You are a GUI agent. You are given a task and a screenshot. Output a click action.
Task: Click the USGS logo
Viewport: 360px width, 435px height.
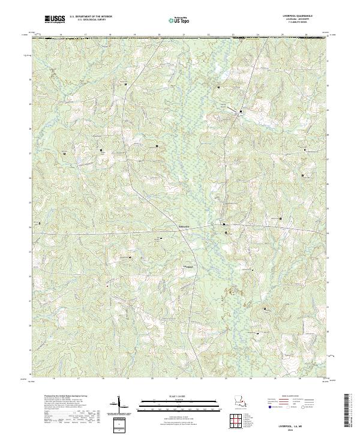point(55,19)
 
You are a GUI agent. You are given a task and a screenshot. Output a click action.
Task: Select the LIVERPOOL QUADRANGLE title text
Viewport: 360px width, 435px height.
point(298,16)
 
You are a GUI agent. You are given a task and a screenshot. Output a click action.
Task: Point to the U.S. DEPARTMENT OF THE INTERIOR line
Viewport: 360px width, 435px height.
point(91,17)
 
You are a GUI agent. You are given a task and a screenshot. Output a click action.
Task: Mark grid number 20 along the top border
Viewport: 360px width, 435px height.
point(160,35)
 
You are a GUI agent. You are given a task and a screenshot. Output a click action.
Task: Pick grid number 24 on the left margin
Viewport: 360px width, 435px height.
point(30,227)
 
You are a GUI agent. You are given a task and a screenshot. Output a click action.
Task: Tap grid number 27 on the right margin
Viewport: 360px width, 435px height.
point(328,159)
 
